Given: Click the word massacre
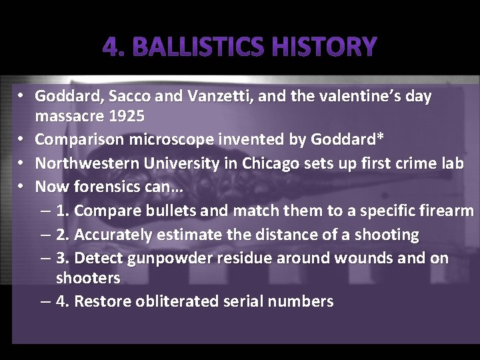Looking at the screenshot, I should click(69, 117).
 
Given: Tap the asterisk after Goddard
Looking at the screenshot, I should click(381, 138).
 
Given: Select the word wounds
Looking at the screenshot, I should click(355, 258).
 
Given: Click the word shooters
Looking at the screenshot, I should click(88, 278).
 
